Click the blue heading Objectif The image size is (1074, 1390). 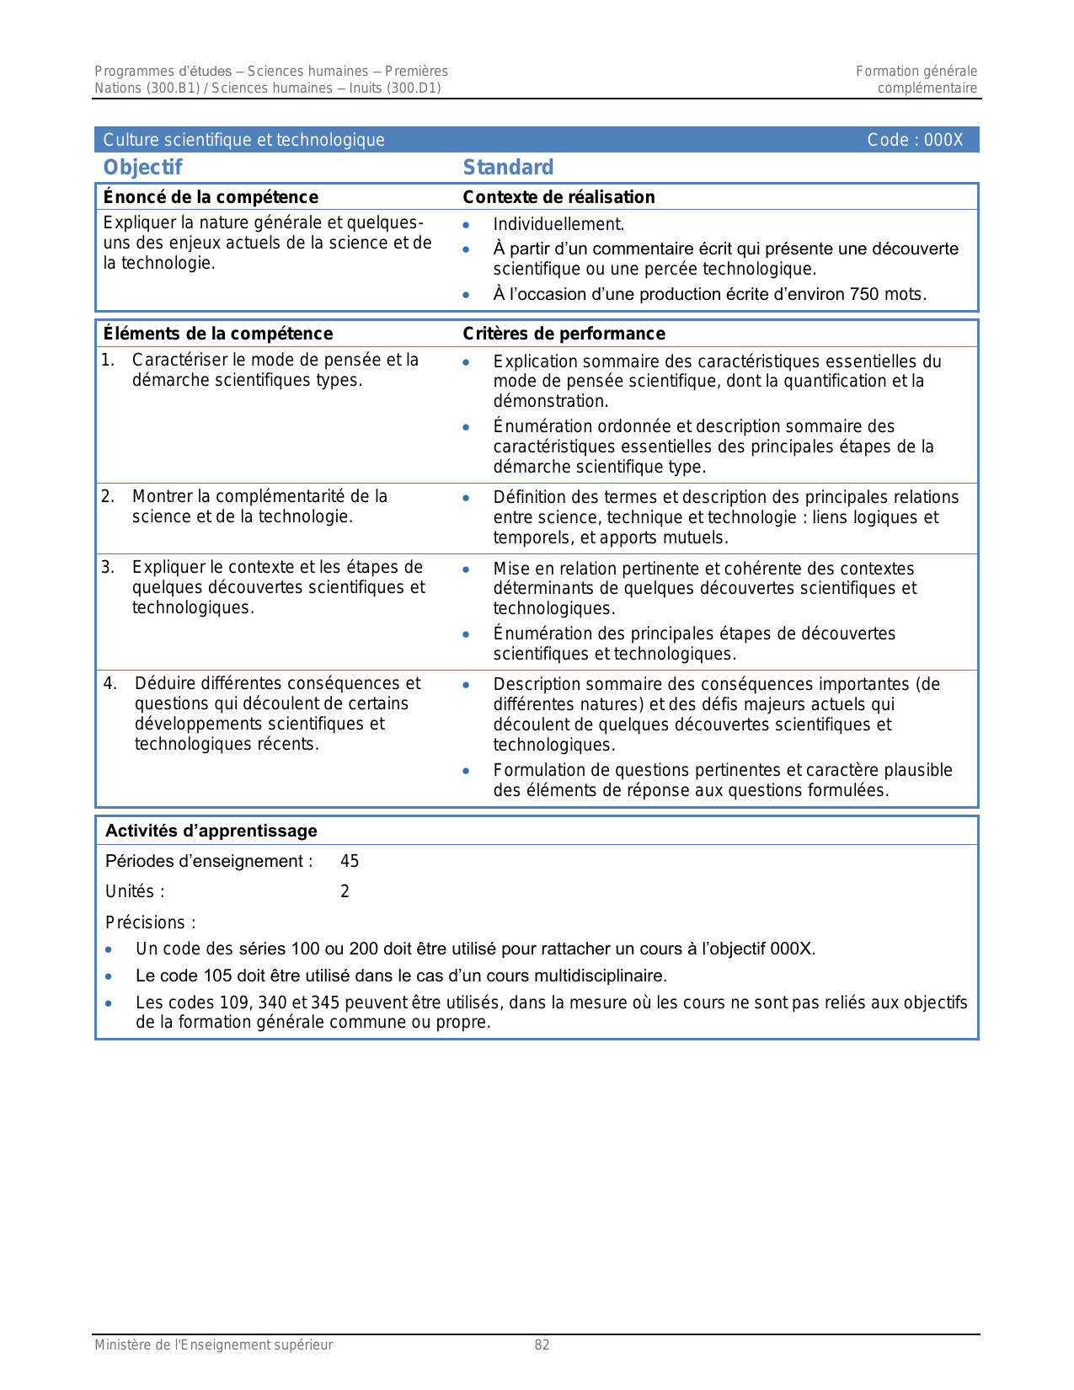142,168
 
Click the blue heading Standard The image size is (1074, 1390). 508,168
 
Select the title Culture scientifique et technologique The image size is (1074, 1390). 243,140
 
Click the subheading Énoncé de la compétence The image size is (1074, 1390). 211,197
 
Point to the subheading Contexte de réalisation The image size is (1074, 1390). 558,197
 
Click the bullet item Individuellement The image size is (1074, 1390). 558,224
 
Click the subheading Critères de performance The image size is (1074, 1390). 564,334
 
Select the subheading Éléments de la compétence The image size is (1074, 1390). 217,334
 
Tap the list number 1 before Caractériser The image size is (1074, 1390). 107,361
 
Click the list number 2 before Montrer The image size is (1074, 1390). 107,496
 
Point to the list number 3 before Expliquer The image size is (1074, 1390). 107,567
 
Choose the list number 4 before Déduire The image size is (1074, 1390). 110,683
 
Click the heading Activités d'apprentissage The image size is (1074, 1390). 211,831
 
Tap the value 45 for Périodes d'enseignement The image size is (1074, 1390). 350,861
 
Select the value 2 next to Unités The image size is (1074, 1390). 345,891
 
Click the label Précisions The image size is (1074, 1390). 150,922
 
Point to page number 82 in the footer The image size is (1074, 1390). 542,1345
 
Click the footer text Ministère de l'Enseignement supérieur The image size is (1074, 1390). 213,1345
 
